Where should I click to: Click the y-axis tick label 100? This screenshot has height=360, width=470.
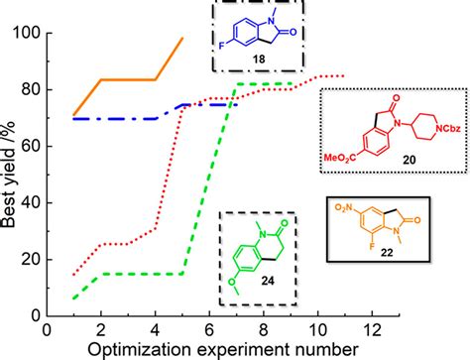[x=28, y=33]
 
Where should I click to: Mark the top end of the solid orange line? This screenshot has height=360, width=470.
[x=183, y=38]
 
